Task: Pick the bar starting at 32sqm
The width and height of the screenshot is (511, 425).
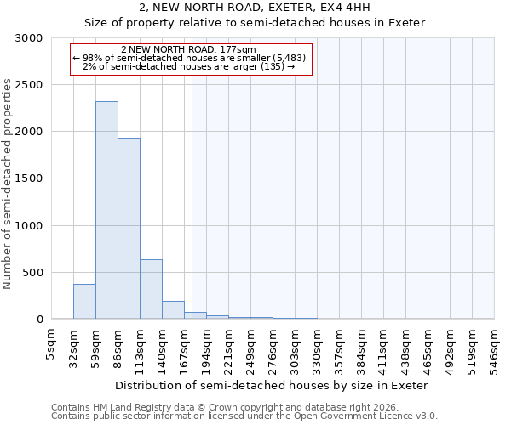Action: [x=84, y=302]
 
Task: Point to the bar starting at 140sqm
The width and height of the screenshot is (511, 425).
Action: [x=173, y=310]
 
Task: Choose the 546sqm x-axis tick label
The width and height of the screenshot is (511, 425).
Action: [x=494, y=346]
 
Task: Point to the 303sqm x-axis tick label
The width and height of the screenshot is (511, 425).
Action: [x=295, y=346]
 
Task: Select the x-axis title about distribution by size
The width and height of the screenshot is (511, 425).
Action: [x=273, y=385]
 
